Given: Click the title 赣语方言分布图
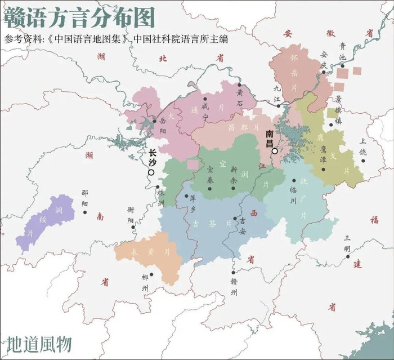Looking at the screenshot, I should click(x=79, y=18).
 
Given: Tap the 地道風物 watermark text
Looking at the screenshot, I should click(x=39, y=343).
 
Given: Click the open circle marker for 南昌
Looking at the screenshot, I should click(x=274, y=151).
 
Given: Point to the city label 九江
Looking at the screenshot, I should click(x=277, y=93).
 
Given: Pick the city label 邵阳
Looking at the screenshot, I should click(x=84, y=199).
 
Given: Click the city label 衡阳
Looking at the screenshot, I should click(x=131, y=216).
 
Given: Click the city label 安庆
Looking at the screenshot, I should click(x=323, y=59).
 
